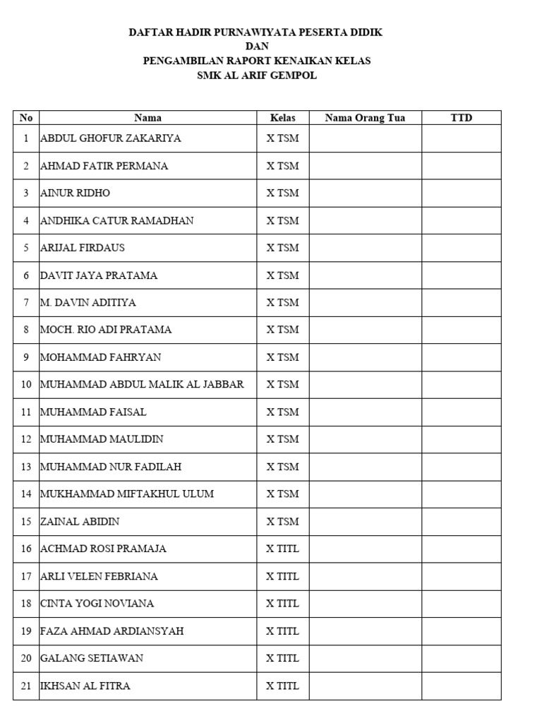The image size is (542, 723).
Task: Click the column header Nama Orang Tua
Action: tap(365, 118)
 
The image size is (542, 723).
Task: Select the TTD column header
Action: tap(462, 118)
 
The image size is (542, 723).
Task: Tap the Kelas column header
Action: tap(282, 118)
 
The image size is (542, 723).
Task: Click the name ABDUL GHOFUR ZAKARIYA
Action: tap(111, 138)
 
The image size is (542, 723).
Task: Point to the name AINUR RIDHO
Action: tap(76, 193)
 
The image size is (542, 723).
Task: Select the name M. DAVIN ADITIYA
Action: tap(88, 302)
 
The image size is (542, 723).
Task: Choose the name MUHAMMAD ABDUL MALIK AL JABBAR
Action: tap(143, 384)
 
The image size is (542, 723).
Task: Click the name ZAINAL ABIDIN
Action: tap(80, 521)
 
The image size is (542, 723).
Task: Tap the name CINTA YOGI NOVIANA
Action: tap(97, 604)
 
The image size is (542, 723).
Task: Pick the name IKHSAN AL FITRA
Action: tap(85, 686)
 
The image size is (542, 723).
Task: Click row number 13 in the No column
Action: tap(26, 467)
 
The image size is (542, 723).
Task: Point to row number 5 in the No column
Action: tap(26, 248)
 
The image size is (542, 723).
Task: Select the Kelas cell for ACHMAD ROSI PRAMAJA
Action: tap(282, 549)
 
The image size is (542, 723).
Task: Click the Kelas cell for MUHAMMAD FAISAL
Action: tap(282, 412)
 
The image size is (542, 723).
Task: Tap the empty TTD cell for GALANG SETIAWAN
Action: tap(462, 658)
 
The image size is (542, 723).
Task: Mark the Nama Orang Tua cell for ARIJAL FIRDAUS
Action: tap(365, 248)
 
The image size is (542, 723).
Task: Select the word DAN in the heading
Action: tap(257, 47)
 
